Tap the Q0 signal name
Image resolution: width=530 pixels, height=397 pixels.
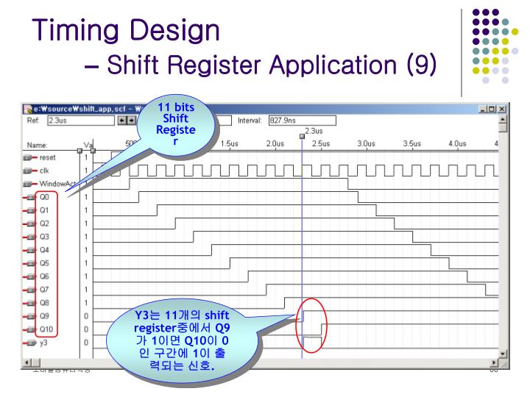click(43, 197)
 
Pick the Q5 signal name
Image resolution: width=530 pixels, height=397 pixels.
click(43, 262)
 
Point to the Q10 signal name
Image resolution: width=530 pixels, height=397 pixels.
click(45, 329)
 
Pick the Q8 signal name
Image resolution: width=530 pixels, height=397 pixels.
click(43, 302)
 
